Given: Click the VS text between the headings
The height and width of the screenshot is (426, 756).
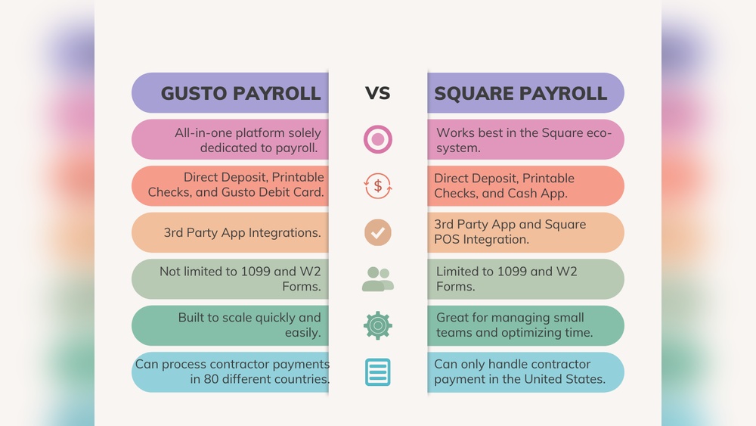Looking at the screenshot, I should coord(377,93).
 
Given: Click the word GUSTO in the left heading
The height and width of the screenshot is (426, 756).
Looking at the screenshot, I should coord(194,93).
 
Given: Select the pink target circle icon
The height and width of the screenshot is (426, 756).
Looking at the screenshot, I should coord(377,139).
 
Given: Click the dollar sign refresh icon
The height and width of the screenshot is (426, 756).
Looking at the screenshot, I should coord(377,186).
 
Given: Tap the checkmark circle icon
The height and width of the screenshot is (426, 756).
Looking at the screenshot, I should coord(377,232).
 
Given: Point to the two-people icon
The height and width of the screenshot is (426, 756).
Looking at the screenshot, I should coord(377,279).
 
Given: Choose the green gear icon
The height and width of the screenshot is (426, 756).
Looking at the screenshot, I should coord(377,325).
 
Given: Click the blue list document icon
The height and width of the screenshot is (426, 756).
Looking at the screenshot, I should coord(377,372).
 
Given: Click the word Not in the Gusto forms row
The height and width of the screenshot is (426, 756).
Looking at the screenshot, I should coord(171,271).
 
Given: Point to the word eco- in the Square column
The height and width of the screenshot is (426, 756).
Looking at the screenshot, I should coord(600,132).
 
